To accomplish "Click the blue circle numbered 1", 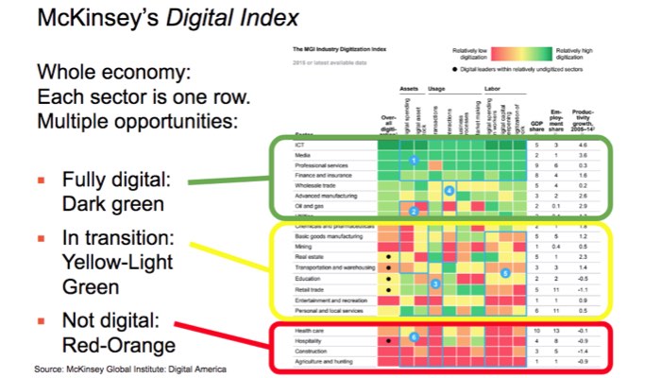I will click(x=414, y=162).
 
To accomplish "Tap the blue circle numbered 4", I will click(x=449, y=192).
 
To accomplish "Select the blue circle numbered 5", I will click(x=505, y=273).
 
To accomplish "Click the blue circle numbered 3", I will click(x=433, y=283).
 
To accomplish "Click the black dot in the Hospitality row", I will click(x=387, y=341).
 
